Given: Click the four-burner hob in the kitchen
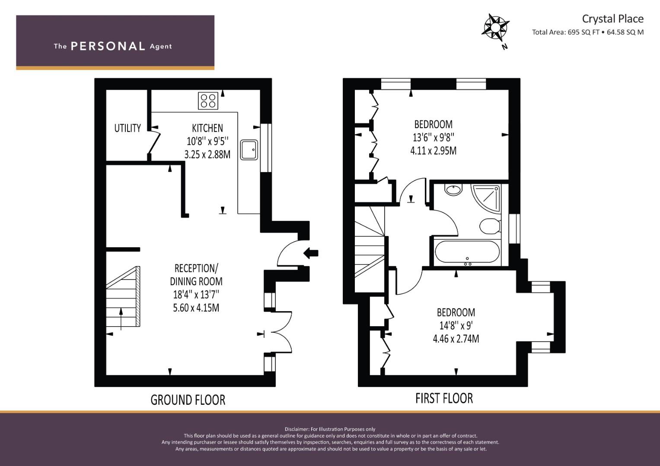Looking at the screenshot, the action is [x=208, y=101].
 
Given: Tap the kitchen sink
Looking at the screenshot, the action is [x=249, y=150].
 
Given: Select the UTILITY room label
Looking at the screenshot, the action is [x=128, y=128].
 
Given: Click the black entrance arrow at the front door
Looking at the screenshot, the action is [x=311, y=253].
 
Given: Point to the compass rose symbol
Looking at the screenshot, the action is [x=495, y=28].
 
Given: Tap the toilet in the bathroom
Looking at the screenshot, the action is [x=490, y=226].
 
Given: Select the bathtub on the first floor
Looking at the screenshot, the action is [x=467, y=252].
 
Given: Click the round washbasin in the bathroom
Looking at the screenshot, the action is [x=453, y=190].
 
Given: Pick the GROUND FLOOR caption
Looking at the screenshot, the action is [x=188, y=400].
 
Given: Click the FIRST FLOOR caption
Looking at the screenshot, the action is [x=444, y=398].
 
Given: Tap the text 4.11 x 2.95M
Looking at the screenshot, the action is [x=434, y=151].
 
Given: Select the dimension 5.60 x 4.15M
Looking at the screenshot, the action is [x=196, y=308].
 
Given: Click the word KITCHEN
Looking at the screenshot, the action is [x=207, y=128].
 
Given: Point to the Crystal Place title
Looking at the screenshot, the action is [x=613, y=19].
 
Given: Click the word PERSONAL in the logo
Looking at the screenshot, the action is [x=108, y=46].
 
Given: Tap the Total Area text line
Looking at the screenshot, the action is [x=588, y=32].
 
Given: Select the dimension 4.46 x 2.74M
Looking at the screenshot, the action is [x=456, y=339].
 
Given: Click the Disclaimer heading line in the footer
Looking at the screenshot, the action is [x=330, y=429].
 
